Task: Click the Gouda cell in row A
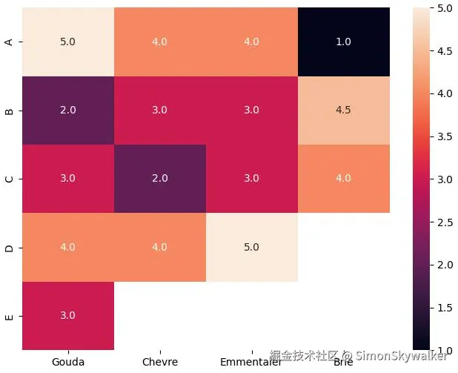point(68,42)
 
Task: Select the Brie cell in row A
point(344,42)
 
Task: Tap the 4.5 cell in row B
point(344,110)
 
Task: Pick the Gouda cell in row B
point(68,110)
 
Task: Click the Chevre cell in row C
point(160,179)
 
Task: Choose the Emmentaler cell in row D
point(252,247)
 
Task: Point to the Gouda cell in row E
point(68,315)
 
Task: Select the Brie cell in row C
point(344,179)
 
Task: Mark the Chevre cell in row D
point(160,247)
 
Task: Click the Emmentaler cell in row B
point(252,110)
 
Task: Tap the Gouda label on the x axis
point(68,362)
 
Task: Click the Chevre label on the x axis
point(160,362)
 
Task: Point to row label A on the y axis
point(9,42)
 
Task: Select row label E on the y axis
point(9,316)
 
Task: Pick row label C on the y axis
point(9,179)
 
